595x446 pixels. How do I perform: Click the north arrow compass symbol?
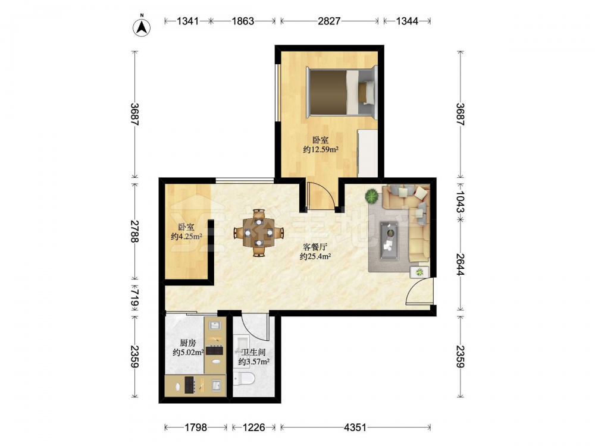coord(142,27)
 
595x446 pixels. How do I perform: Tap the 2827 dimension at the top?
coord(329,21)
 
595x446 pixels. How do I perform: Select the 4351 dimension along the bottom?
coord(355,428)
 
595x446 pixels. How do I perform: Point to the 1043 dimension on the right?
coord(461,202)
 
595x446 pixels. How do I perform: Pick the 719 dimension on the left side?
coord(134,297)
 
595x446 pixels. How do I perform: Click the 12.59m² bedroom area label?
coord(321,149)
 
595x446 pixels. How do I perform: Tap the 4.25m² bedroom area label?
coord(186,237)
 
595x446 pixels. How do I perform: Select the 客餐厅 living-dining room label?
coord(315,247)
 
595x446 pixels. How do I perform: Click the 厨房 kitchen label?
coord(188,343)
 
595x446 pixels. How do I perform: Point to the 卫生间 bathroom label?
coord(253,352)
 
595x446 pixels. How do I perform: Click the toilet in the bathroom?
coord(244,378)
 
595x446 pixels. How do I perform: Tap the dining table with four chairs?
coord(258,232)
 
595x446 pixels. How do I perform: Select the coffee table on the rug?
coord(389,241)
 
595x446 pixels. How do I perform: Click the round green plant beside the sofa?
coord(371,196)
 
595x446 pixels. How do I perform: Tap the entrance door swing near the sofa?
coord(419,291)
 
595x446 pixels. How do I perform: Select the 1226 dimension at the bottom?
coord(253,428)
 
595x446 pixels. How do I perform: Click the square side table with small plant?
coord(419,272)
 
